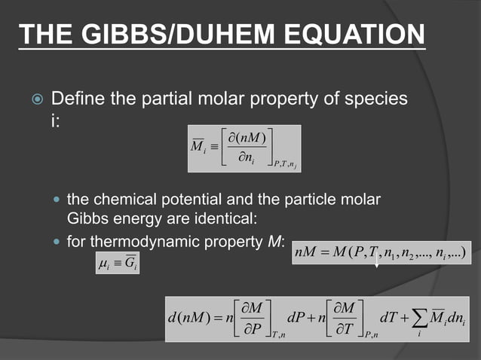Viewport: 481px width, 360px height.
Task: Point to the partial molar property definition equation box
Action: coord(244,148)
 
